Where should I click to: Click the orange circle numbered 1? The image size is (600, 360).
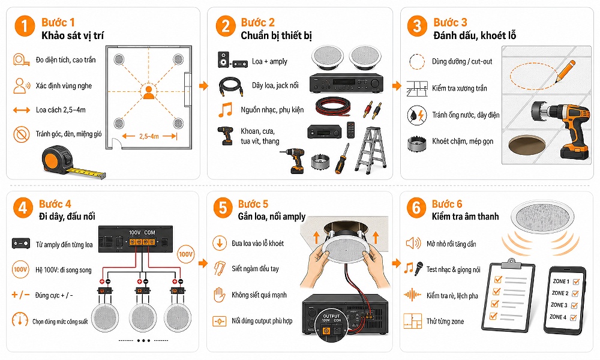(25, 26)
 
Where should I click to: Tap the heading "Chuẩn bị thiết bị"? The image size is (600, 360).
(276, 35)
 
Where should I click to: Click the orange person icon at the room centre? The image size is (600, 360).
(148, 92)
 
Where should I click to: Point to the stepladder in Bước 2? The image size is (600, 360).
(370, 151)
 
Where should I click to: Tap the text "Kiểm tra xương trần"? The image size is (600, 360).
(459, 88)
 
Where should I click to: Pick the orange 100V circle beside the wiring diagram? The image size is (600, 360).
(185, 254)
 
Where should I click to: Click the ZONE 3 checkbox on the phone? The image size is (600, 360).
(574, 305)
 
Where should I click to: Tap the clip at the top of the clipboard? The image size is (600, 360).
(512, 263)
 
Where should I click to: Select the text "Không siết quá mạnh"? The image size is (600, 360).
(259, 295)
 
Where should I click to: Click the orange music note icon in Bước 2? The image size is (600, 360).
(226, 109)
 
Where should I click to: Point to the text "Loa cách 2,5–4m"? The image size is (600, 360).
(61, 110)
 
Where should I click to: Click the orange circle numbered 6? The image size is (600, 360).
(416, 208)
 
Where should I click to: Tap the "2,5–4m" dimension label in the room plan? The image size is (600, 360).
(149, 136)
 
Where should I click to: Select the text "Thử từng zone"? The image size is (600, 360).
(445, 322)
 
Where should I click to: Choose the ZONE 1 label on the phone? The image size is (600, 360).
(561, 281)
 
